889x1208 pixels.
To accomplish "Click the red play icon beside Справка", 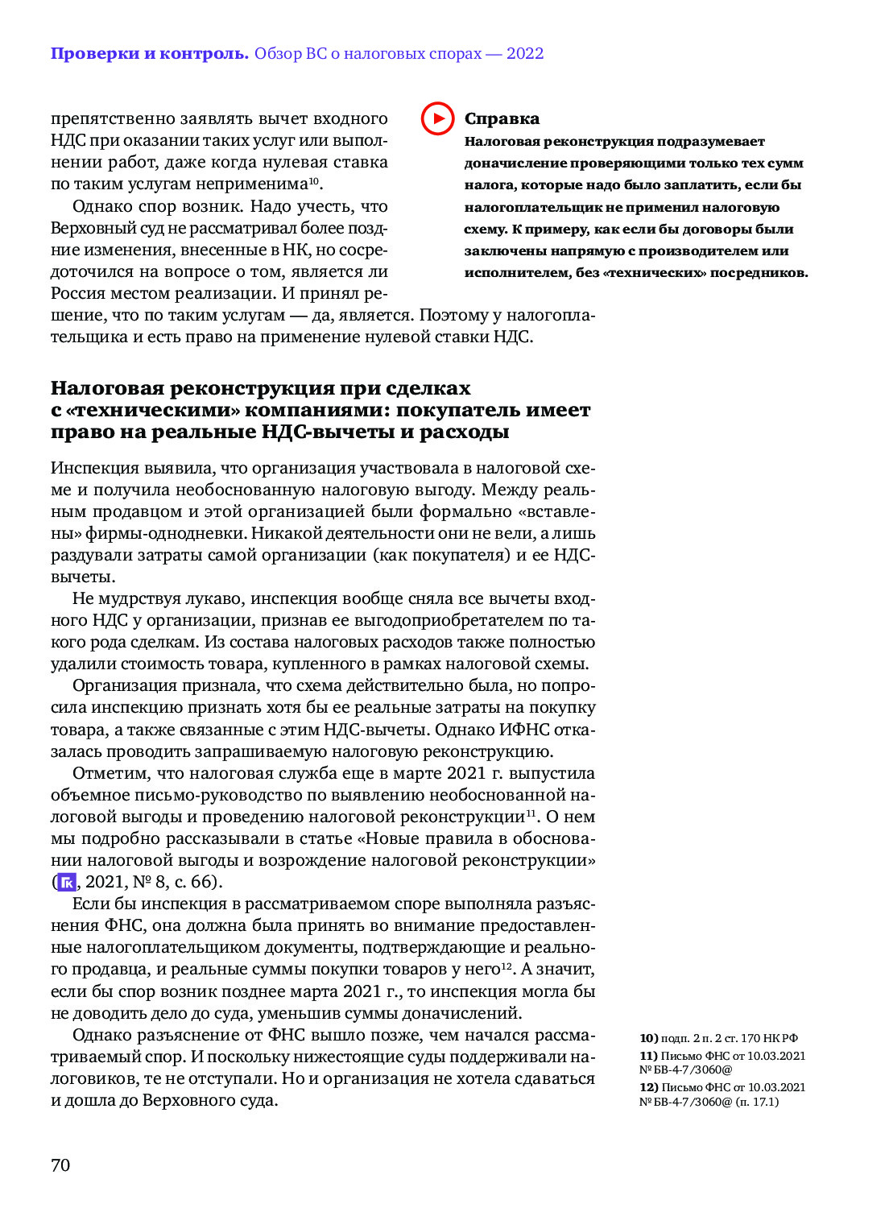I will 437,118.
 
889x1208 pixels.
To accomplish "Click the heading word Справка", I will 502,118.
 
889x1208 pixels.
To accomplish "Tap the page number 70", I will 60,1165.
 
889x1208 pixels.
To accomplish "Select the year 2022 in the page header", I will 525,54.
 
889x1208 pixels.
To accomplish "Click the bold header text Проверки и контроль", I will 150,54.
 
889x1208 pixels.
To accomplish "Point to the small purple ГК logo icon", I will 67,882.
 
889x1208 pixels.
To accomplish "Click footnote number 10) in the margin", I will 649,1038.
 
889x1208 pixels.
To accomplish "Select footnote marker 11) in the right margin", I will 649,1056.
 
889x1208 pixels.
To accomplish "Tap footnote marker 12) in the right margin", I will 649,1087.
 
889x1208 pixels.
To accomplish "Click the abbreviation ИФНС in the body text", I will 524,730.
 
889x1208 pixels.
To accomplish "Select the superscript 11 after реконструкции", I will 531,813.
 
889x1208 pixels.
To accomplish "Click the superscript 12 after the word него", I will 507,966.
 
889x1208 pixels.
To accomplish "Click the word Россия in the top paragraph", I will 78,293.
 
